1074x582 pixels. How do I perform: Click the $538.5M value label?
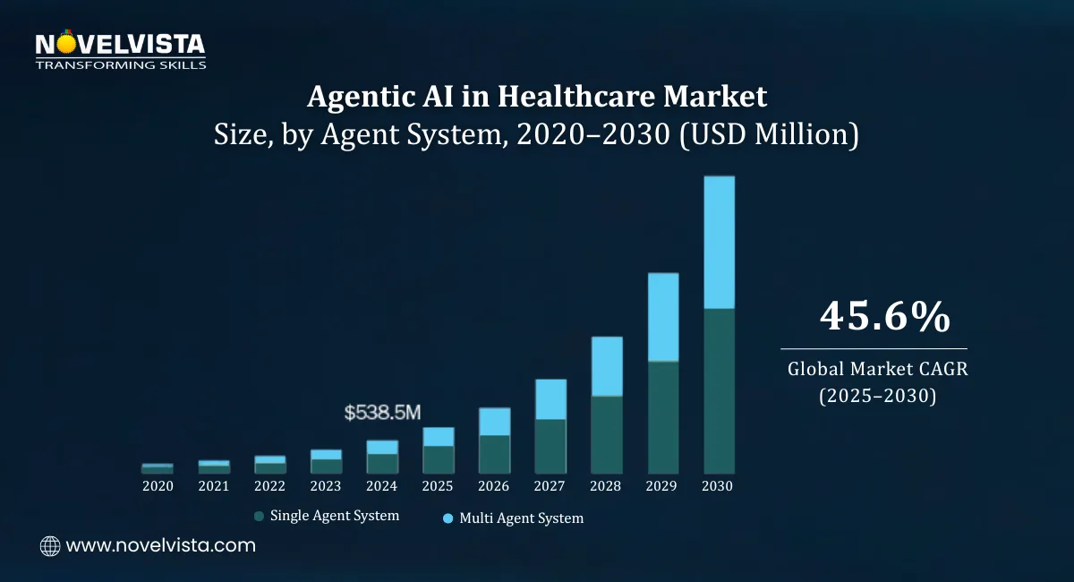pyautogui.click(x=382, y=413)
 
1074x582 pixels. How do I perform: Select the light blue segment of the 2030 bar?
pyautogui.click(x=719, y=242)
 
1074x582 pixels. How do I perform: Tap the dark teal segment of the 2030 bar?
pyautogui.click(x=719, y=390)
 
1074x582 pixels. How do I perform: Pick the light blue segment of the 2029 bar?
pyautogui.click(x=663, y=317)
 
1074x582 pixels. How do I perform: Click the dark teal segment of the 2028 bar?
pyautogui.click(x=607, y=434)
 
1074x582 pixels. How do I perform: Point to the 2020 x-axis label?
pyautogui.click(x=158, y=486)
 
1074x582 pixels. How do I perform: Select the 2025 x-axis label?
pyautogui.click(x=438, y=486)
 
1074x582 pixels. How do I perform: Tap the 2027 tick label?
pyautogui.click(x=550, y=486)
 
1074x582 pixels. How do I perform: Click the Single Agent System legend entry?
pyautogui.click(x=334, y=516)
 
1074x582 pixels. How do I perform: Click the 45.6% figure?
pyautogui.click(x=873, y=317)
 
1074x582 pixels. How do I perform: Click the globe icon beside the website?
pyautogui.click(x=50, y=545)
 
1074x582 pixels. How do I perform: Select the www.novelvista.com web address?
pyautogui.click(x=160, y=545)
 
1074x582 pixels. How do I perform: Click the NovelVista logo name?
pyautogui.click(x=120, y=44)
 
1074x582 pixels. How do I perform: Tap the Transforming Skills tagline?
pyautogui.click(x=120, y=64)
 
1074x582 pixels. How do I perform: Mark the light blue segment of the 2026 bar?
pyautogui.click(x=494, y=422)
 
